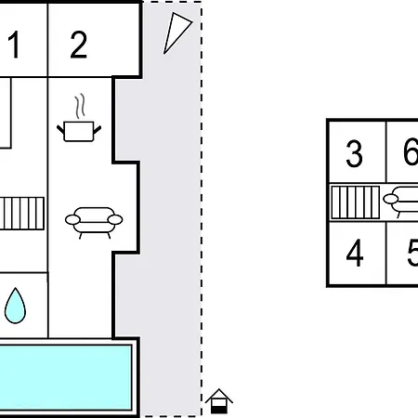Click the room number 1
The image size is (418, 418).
pyautogui.click(x=14, y=45)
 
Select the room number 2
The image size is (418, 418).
pyautogui.click(x=79, y=45)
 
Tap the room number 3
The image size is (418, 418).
pyautogui.click(x=354, y=153)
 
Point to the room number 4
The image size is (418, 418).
pyautogui.click(x=355, y=253)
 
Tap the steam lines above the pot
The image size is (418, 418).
pyautogui.click(x=80, y=106)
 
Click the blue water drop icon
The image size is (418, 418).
pyautogui.click(x=15, y=306)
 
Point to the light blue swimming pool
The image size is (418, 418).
pyautogui.click(x=65, y=378)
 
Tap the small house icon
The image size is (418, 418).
pyautogui.click(x=219, y=401)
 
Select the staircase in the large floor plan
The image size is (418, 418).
pyautogui.click(x=22, y=214)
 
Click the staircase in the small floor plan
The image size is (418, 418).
pyautogui.click(x=356, y=202)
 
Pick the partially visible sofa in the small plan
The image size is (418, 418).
pyautogui.click(x=402, y=202)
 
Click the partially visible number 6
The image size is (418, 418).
pyautogui.click(x=411, y=152)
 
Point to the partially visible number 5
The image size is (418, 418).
pyautogui.click(x=412, y=254)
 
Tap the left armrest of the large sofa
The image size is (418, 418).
pyautogui.click(x=72, y=219)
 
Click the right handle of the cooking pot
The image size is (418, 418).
pyautogui.click(x=98, y=130)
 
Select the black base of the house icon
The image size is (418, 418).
pyautogui.click(x=219, y=411)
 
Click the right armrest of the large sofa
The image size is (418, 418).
pyautogui.click(x=115, y=219)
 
